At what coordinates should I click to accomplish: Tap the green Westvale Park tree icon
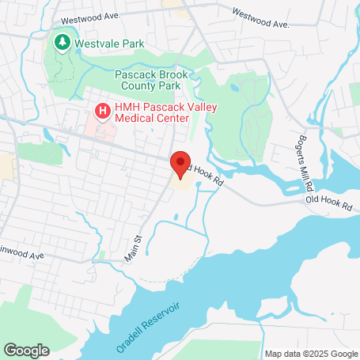coord(62,41)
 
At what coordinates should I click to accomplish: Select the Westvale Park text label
coord(109,44)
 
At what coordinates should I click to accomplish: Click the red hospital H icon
coord(101,112)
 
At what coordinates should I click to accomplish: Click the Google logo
coord(26,349)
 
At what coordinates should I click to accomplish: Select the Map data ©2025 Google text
coord(310,354)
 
